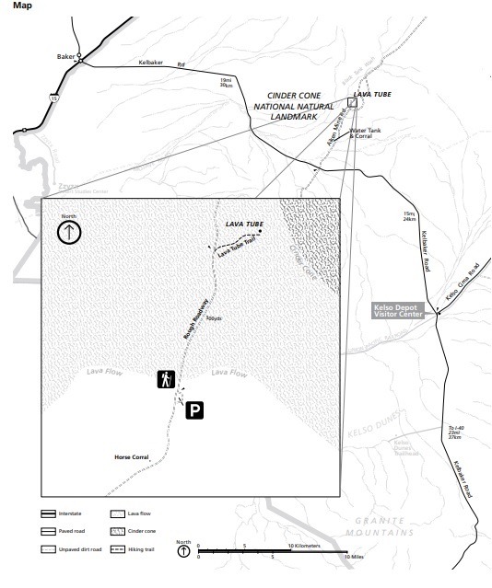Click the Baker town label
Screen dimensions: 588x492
click(64, 56)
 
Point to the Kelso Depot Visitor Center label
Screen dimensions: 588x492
click(399, 312)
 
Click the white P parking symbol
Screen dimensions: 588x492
click(194, 411)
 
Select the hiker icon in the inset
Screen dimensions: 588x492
click(166, 379)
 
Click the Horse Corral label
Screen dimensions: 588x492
click(130, 456)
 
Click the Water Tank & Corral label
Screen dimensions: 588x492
click(370, 133)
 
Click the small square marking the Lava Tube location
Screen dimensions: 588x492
click(352, 104)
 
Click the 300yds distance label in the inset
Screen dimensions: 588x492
click(214, 319)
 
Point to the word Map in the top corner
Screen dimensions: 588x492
click(21, 6)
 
